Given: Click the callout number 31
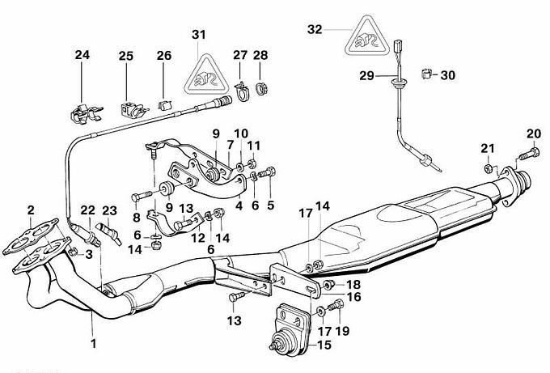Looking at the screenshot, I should pos(199,34).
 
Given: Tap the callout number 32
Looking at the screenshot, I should pos(315,29).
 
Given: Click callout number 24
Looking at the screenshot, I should pos(82,56).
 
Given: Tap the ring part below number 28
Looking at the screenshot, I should pos(260,85).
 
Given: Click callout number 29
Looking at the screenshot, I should pos(366,75).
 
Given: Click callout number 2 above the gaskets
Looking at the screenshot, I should pos(31,210).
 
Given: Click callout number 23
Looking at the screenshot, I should pos(109,210).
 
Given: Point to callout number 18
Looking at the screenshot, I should pos(354,285).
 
